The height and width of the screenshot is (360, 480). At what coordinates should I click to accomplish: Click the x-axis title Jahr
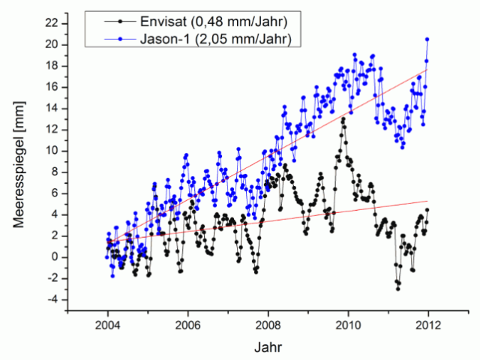(268, 347)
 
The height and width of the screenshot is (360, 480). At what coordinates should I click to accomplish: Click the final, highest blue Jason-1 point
(427, 39)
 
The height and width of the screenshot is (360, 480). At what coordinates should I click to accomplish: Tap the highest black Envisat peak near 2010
(343, 118)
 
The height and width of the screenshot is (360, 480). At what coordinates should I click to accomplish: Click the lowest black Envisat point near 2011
(397, 289)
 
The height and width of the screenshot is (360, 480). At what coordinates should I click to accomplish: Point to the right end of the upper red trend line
(427, 69)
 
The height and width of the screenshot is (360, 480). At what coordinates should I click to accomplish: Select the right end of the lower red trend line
(427, 201)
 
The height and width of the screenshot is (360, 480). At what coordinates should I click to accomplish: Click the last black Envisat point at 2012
(427, 210)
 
